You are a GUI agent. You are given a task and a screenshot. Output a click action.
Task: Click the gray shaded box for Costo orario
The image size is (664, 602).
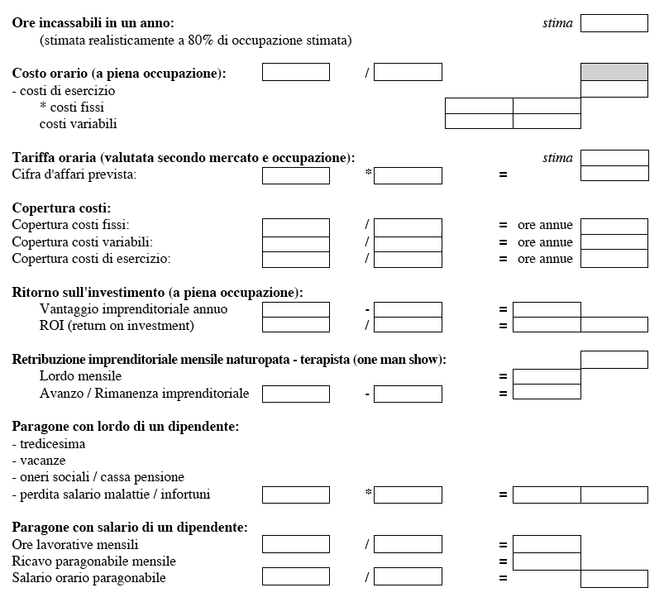(614, 72)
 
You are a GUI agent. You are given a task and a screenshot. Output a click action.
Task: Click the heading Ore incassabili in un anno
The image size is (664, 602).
(93, 23)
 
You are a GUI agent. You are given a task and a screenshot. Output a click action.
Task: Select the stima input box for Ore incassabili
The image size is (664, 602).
(614, 23)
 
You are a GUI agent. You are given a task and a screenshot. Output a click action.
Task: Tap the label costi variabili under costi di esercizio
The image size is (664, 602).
(79, 124)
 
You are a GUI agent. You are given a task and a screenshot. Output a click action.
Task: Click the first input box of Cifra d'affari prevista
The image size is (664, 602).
(295, 175)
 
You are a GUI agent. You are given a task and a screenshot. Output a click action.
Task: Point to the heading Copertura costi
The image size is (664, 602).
(61, 208)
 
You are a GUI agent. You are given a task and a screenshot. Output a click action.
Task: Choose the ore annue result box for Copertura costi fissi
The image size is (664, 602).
(614, 226)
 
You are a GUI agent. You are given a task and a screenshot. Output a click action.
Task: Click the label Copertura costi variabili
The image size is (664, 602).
(83, 242)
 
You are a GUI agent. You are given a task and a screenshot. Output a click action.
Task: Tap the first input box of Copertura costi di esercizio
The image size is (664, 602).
(295, 259)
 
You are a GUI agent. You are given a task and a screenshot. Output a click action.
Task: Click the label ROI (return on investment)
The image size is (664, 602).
(117, 326)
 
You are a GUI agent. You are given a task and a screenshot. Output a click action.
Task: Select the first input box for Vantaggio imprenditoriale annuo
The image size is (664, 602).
(295, 309)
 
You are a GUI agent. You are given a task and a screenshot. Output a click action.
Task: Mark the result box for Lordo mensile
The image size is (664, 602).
(546, 376)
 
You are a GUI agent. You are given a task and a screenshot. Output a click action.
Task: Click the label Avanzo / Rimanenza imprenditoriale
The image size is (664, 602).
(144, 393)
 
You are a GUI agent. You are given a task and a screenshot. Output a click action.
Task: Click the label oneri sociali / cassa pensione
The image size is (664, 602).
(98, 477)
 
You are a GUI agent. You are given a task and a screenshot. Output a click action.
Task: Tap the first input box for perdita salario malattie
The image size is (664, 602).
(295, 494)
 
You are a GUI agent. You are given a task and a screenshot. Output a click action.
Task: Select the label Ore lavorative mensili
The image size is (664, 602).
(75, 545)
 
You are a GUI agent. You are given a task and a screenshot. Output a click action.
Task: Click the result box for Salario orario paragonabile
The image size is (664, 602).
(614, 579)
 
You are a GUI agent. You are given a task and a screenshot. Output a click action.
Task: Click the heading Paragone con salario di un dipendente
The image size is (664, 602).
(130, 528)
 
